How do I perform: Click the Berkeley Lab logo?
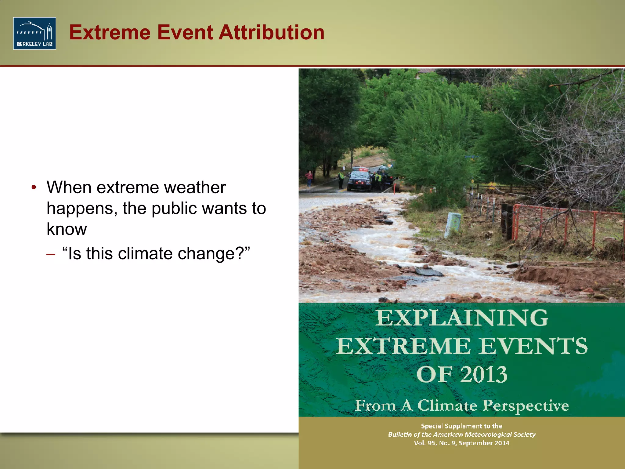tap(34, 33)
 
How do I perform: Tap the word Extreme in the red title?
tap(110, 32)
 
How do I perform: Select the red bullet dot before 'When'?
tap(34, 187)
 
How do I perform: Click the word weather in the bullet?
tap(195, 187)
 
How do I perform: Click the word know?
tap(67, 229)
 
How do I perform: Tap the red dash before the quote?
tap(51, 254)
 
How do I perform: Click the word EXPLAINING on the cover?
tap(461, 318)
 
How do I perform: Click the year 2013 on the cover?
tap(484, 374)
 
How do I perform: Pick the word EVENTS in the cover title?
tap(533, 346)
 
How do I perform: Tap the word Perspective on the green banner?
tap(526, 405)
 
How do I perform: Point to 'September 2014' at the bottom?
tap(484, 443)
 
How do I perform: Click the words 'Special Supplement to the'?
tap(461, 426)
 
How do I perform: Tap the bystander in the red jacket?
tap(309, 178)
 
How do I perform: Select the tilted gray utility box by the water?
tap(452, 224)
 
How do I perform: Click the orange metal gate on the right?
tap(568, 226)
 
